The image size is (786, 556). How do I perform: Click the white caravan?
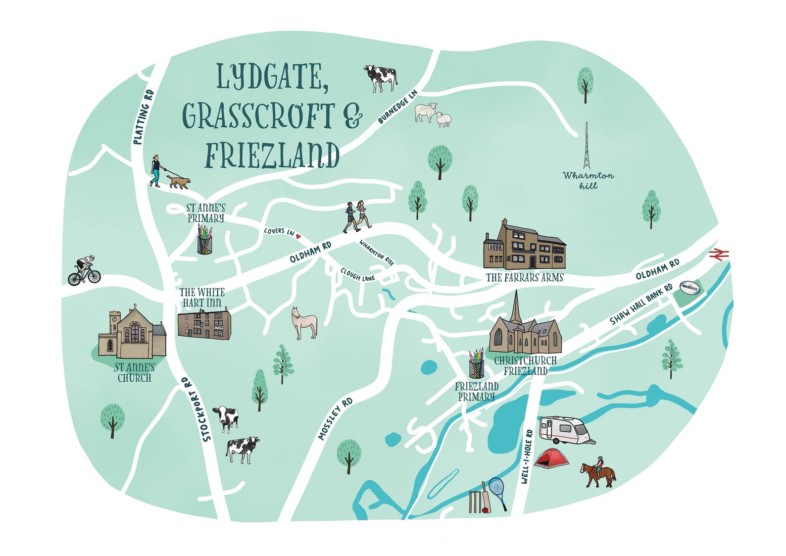[x=564, y=429]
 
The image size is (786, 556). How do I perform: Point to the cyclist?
[x=84, y=270]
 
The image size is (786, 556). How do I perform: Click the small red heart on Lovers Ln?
[x=298, y=236]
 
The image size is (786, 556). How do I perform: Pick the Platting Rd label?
[x=144, y=117]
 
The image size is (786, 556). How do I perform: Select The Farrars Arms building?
[x=524, y=246]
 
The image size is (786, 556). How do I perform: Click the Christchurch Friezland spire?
[x=516, y=307]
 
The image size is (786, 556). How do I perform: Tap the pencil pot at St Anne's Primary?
[x=204, y=241]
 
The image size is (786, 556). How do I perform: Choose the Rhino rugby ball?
[x=690, y=288]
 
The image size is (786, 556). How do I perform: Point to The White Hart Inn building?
[x=204, y=324]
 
